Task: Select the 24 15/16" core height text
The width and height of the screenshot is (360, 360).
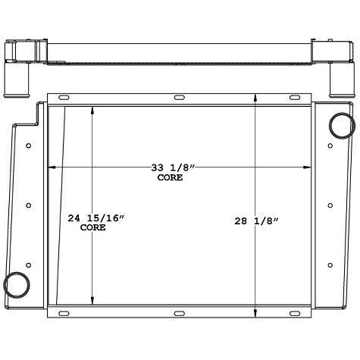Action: (95, 218)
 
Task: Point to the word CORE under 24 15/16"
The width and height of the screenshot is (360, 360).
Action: (92, 227)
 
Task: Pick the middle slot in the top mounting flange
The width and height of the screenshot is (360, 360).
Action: (179, 98)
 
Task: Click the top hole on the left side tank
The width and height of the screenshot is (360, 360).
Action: (28, 146)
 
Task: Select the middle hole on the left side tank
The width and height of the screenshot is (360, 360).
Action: (28, 205)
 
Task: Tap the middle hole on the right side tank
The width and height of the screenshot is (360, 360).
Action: (331, 205)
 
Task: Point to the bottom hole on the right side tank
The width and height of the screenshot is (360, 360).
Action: (331, 264)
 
